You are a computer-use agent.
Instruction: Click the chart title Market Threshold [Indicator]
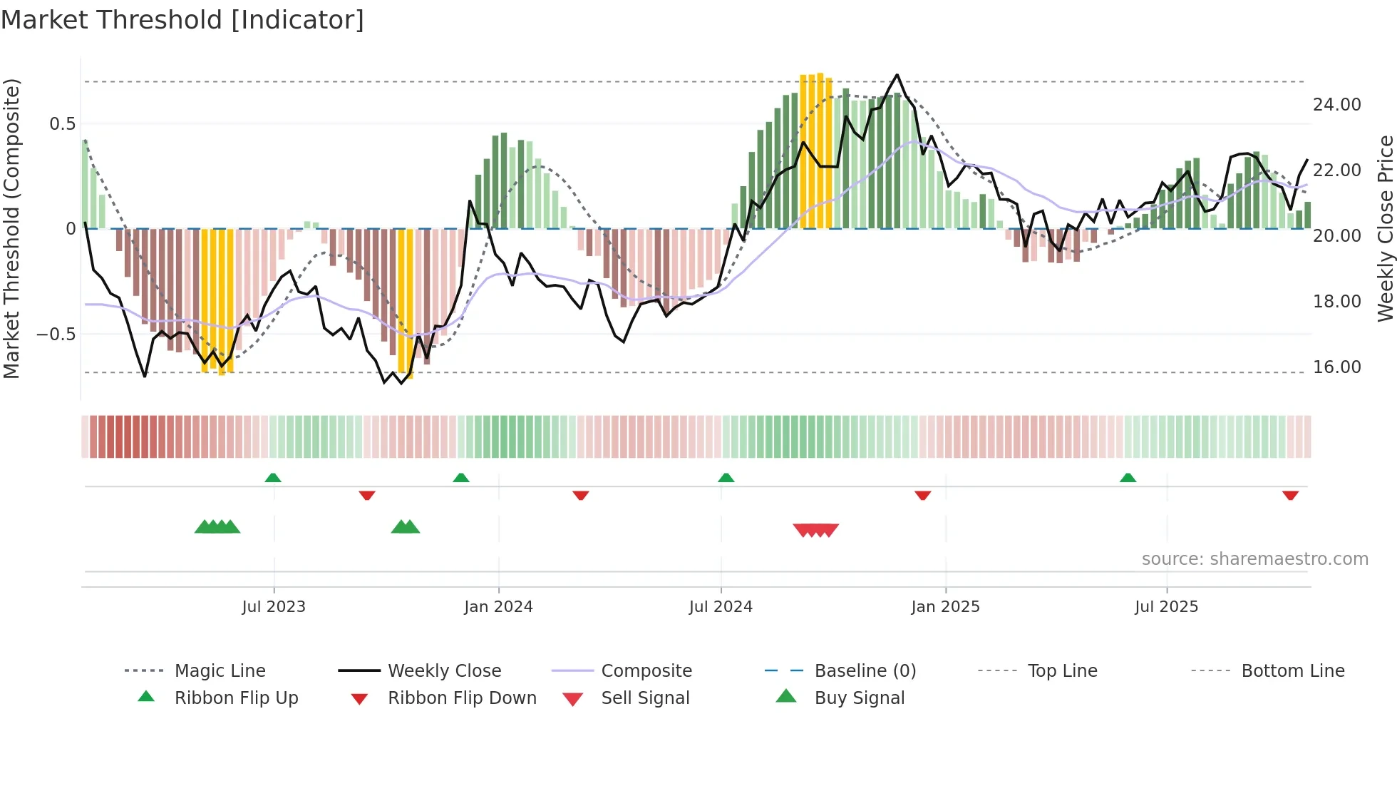(x=182, y=20)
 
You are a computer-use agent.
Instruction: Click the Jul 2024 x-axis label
(x=721, y=607)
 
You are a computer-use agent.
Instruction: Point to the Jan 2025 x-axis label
(x=945, y=607)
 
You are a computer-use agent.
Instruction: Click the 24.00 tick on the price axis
(x=1336, y=105)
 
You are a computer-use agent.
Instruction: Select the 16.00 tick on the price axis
(x=1336, y=367)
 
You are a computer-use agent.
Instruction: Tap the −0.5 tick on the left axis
(x=56, y=335)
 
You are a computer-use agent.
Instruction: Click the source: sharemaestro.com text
(x=1254, y=559)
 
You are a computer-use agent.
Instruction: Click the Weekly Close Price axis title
(x=1385, y=228)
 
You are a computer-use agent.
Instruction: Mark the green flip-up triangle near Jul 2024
(x=726, y=478)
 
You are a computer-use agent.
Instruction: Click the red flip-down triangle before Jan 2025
(x=923, y=495)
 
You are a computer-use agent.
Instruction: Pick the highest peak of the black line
(x=897, y=76)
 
